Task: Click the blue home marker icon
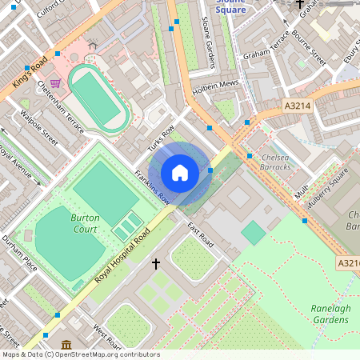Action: (x=180, y=173)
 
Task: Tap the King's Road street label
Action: (x=30, y=71)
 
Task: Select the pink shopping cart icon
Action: (x=55, y=83)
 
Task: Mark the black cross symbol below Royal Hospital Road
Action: (x=155, y=262)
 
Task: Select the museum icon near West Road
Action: (x=66, y=345)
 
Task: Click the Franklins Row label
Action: (x=151, y=186)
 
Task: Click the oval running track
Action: (x=98, y=97)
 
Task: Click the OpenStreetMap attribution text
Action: (x=80, y=354)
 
